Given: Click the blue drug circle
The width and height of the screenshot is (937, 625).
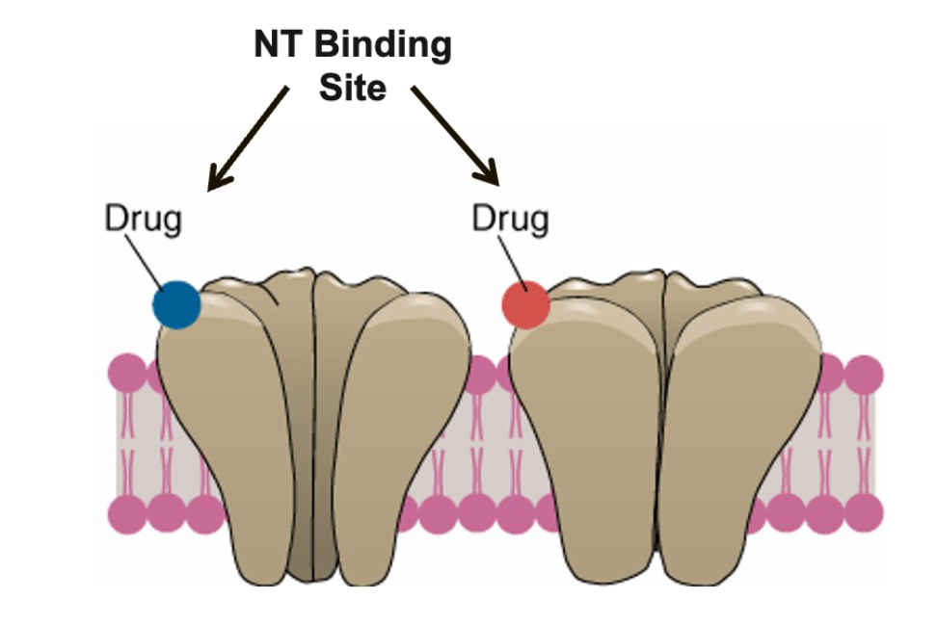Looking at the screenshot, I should pos(177,304).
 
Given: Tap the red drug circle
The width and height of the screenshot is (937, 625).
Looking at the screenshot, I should pos(525,305).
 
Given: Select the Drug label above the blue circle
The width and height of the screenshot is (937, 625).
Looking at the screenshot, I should pos(143,219).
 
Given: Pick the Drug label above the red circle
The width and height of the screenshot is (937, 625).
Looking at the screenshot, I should pos(510,219).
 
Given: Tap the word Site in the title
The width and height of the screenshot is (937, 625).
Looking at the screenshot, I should pos(353,88).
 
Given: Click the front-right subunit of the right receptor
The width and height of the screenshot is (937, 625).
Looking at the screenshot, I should pos(747,433).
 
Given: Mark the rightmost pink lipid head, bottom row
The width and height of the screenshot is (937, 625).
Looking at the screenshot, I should pos(864,514).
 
